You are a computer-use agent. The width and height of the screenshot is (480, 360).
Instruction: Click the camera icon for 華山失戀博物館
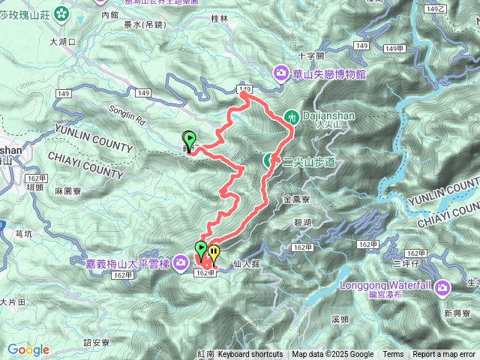click(x=281, y=73)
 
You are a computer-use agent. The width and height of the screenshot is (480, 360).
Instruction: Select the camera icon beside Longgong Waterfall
click(x=442, y=286)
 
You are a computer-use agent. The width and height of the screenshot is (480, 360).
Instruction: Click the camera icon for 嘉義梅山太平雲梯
click(x=181, y=262)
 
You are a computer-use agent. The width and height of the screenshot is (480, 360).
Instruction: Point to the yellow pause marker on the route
click(x=214, y=251)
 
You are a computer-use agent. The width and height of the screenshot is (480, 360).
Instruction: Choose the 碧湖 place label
click(x=302, y=222)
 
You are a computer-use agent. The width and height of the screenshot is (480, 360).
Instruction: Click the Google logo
click(x=28, y=349)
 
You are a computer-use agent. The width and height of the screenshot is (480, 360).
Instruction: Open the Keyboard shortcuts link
click(x=250, y=355)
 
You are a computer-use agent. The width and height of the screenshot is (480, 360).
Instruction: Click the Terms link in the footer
click(x=393, y=355)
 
